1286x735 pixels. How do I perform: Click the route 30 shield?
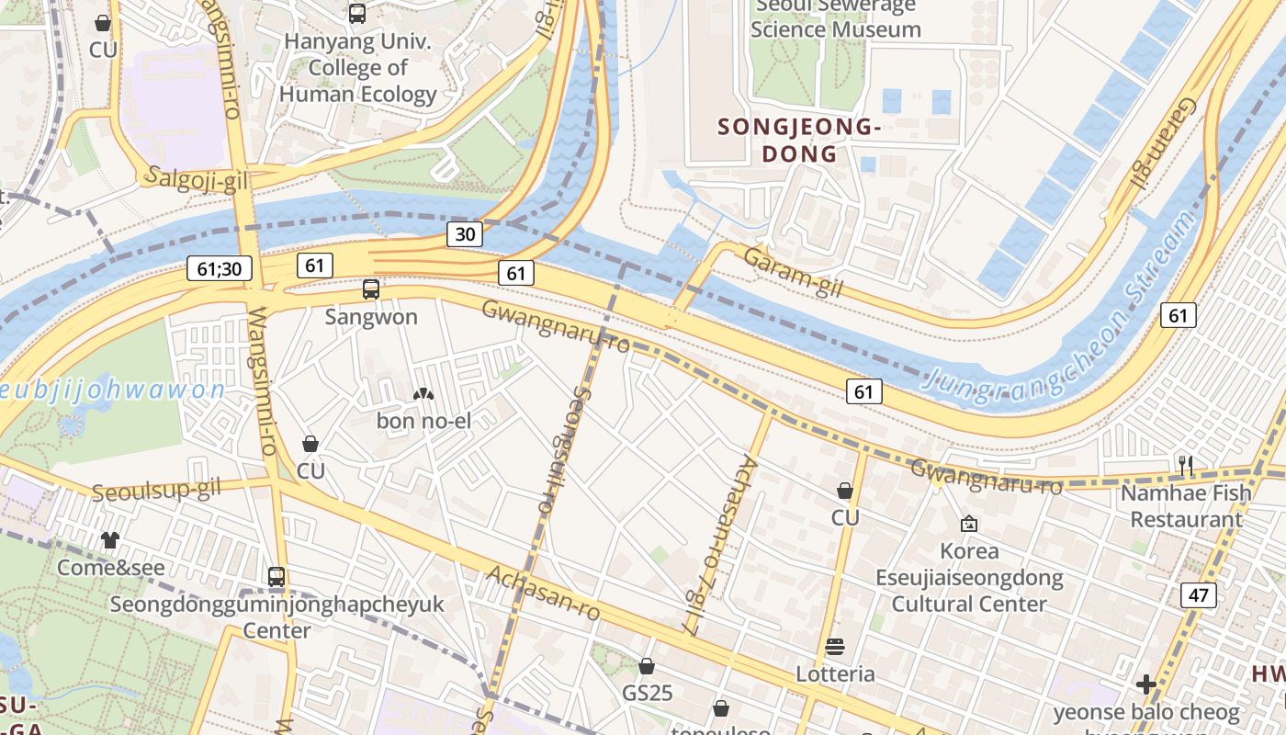click(466, 233)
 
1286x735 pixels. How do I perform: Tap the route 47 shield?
click(1198, 595)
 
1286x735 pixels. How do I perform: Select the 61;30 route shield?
click(219, 268)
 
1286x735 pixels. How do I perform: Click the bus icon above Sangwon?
click(371, 289)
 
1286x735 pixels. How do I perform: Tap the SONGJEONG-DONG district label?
click(799, 141)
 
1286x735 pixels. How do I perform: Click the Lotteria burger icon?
click(835, 647)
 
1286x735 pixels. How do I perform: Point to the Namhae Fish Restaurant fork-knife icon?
click(1185, 465)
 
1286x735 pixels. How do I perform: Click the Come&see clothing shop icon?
click(110, 539)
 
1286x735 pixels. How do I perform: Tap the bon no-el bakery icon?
click(423, 394)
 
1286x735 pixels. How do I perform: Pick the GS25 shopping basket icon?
click(647, 666)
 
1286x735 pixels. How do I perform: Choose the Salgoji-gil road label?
click(196, 180)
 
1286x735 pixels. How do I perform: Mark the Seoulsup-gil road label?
click(156, 490)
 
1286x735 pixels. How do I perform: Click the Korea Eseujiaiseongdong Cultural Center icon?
click(968, 524)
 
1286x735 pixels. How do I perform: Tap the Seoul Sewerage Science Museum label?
click(835, 18)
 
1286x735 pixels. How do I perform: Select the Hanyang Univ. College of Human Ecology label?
click(358, 67)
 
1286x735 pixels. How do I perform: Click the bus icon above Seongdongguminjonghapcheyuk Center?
click(276, 577)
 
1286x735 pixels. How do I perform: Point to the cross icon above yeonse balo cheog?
click(1145, 684)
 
